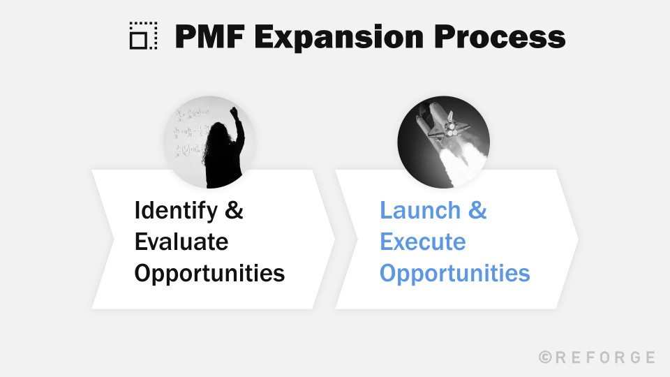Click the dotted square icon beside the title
coord(144,36)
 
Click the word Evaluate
coord(181,242)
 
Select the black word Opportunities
coord(209,273)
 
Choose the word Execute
coord(422,242)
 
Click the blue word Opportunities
coord(454,273)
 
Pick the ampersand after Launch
coord(478,211)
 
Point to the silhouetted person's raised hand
coord(234,112)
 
